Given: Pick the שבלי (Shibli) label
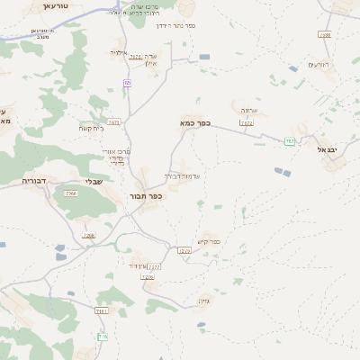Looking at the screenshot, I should [x=93, y=182].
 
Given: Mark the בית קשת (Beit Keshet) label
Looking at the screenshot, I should [x=90, y=128].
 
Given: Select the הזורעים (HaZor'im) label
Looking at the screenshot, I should [x=318, y=64].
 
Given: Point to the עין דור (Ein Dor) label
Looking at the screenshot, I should [x=136, y=266].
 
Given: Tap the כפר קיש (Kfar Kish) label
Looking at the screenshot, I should [x=209, y=240].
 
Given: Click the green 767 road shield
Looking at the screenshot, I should [x=289, y=141].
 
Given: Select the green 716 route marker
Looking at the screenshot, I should [x=103, y=337].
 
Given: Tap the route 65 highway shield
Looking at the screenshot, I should [x=127, y=83].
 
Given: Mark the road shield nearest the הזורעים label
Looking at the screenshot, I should [x=325, y=35].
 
